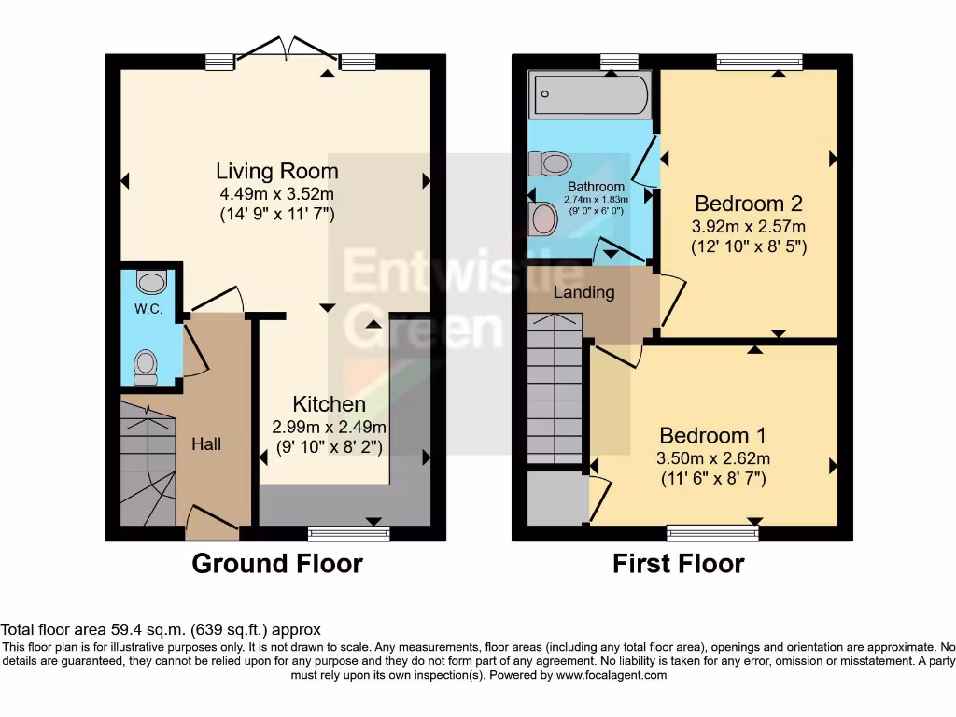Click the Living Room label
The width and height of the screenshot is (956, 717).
276,172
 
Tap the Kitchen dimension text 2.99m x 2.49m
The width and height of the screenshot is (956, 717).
329,427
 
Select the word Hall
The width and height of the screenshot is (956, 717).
206,444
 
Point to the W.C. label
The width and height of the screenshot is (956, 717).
148,309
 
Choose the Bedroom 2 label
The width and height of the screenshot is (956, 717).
749,204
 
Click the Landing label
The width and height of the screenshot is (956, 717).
584,292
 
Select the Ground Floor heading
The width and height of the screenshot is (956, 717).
276,564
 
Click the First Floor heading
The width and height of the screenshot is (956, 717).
678,564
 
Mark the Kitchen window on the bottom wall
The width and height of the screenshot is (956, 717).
348,534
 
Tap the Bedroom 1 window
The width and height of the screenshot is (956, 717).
712,534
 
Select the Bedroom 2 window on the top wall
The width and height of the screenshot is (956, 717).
759,62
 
